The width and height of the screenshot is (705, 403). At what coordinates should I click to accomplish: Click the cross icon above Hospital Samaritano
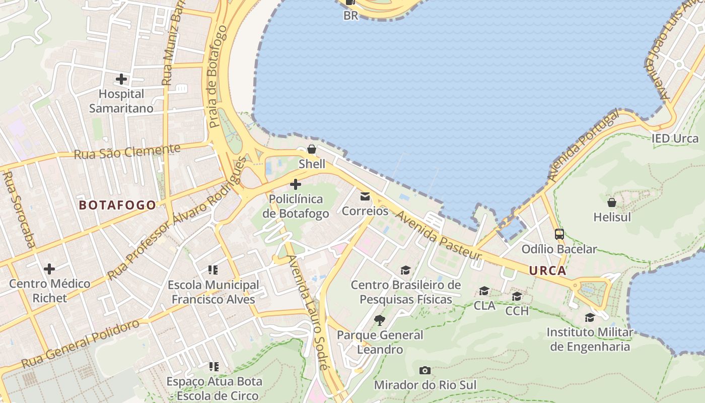click(x=121, y=79)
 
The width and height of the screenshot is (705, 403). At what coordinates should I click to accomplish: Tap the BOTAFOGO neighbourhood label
click(x=117, y=205)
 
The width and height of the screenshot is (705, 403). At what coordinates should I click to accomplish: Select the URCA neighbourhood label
click(x=547, y=271)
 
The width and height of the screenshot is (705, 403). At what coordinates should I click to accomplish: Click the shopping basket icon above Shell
click(x=312, y=149)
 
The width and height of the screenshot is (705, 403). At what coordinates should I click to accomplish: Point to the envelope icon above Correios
click(x=365, y=196)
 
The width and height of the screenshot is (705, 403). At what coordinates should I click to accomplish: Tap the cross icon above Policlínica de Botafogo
click(x=296, y=184)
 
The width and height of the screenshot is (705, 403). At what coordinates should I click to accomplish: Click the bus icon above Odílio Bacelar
click(x=559, y=234)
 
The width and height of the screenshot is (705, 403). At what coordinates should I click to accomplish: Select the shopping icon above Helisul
click(x=612, y=203)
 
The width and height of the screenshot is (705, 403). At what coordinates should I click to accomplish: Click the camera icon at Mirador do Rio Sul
click(x=425, y=371)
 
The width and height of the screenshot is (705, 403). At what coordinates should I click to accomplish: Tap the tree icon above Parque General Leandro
click(x=380, y=320)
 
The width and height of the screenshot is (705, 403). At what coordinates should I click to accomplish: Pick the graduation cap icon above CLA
click(x=484, y=291)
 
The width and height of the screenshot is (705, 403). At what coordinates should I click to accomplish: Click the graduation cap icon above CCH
click(x=517, y=296)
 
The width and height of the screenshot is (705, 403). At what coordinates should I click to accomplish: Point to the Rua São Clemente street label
click(x=127, y=151)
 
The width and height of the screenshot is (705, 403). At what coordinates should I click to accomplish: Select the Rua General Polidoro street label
click(x=81, y=344)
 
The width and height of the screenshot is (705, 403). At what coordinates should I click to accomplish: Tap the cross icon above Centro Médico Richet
click(x=49, y=268)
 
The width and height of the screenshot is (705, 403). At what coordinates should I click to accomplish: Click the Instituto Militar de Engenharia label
click(x=590, y=340)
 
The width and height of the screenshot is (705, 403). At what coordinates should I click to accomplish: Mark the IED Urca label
click(x=675, y=139)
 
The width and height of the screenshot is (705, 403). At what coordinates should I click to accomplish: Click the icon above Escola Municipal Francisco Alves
click(x=213, y=270)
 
